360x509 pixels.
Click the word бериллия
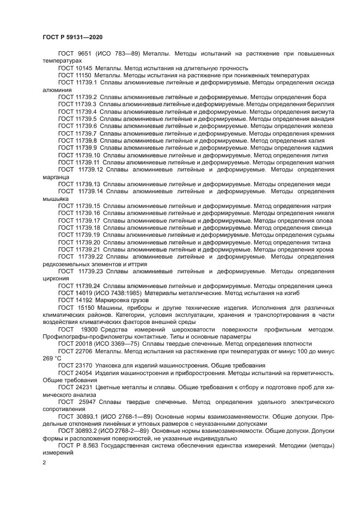320,103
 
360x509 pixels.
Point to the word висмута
320,111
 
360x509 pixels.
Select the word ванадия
320,118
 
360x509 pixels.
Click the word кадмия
321,148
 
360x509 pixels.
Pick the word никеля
322,213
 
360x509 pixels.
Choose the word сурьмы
321,235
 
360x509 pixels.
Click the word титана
322,242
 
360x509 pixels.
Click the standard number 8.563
90,445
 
